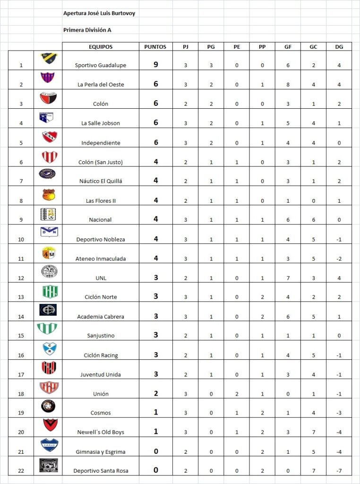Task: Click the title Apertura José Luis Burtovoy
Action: pyautogui.click(x=99, y=13)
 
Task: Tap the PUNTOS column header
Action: pyautogui.click(x=155, y=47)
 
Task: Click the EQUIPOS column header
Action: pyautogui.click(x=101, y=47)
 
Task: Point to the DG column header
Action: pyautogui.click(x=339, y=47)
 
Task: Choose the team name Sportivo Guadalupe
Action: pyautogui.click(x=101, y=65)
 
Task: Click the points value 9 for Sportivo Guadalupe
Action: pyautogui.click(x=155, y=64)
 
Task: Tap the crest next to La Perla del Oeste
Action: pyautogui.click(x=49, y=78)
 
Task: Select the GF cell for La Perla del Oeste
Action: pyautogui.click(x=288, y=85)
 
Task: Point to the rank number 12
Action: pyautogui.click(x=21, y=278)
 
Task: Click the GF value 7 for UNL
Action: pyautogui.click(x=288, y=278)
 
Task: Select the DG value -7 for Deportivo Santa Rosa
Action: pyautogui.click(x=339, y=471)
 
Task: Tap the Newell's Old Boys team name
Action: pyautogui.click(x=101, y=432)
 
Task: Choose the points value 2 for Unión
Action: pyautogui.click(x=155, y=393)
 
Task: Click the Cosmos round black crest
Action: pyautogui.click(x=49, y=406)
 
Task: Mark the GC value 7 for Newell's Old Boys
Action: pyautogui.click(x=313, y=432)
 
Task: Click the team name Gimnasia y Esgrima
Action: pyautogui.click(x=101, y=452)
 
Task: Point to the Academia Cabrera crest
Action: pyautogui.click(x=49, y=310)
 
